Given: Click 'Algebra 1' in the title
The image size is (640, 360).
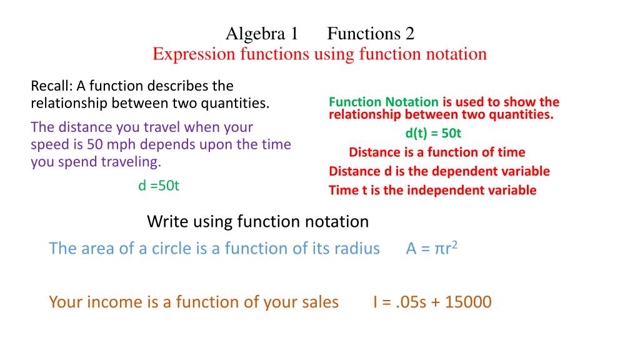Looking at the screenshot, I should pos(262,33).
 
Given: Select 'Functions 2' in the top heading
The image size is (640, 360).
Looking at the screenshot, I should pos(371,33).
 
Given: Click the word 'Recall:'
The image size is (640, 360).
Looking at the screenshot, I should pos(52,86).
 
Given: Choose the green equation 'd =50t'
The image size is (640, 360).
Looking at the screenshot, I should pos(159,186).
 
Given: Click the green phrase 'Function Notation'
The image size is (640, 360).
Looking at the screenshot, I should pos(384,102).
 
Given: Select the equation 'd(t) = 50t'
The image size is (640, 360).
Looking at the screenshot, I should pos(433,133).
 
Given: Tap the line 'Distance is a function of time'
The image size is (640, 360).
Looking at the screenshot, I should pos(437,152).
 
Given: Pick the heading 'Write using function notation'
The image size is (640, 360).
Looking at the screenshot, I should pos(257,221).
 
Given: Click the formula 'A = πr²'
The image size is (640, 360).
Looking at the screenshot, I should pos(432,249).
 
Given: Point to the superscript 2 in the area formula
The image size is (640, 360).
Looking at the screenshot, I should pos(456,244).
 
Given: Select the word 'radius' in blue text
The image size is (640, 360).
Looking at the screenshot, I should pos(357,249).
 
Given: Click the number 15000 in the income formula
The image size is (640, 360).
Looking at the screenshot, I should pos(468,302).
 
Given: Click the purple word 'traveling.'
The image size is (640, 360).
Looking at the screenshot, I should pos(128,162).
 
